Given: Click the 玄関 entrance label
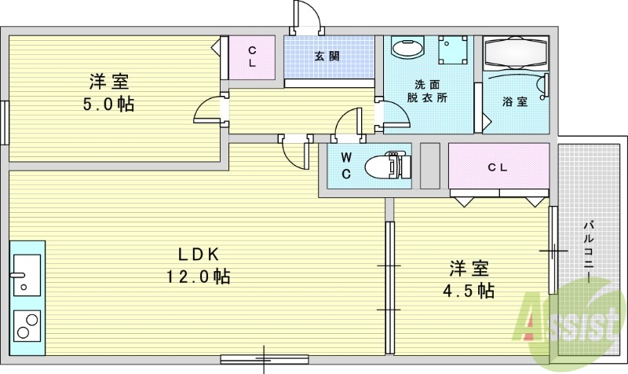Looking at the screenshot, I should point(327,57).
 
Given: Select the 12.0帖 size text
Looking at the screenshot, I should point(197,277).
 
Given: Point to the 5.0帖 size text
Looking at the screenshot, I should point(109,104).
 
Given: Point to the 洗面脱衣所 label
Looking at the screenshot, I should point(431,91).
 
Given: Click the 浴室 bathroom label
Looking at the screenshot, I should point(515,101).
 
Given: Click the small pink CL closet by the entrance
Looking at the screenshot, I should point(252,57).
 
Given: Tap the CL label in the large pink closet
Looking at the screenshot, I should point(497,167).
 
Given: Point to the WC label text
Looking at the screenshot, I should point(345,165).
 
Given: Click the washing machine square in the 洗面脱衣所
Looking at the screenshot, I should point(453,51).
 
